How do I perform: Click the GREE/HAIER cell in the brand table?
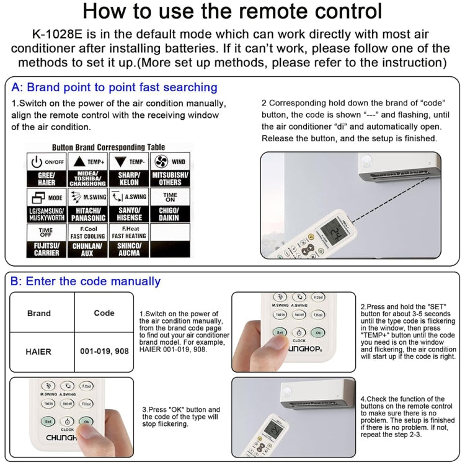click(x=46, y=179)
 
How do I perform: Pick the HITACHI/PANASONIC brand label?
click(x=87, y=214)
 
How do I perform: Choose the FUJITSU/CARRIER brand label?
click(x=46, y=249)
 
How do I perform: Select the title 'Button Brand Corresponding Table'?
click(x=108, y=148)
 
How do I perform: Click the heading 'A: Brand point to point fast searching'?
click(x=114, y=87)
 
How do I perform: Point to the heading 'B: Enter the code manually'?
click(x=86, y=281)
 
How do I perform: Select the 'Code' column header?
click(x=104, y=313)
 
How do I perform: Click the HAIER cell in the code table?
click(x=38, y=351)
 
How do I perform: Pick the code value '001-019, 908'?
click(x=104, y=351)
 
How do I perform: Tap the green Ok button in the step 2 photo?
click(x=317, y=332)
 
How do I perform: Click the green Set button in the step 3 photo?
click(x=47, y=421)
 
